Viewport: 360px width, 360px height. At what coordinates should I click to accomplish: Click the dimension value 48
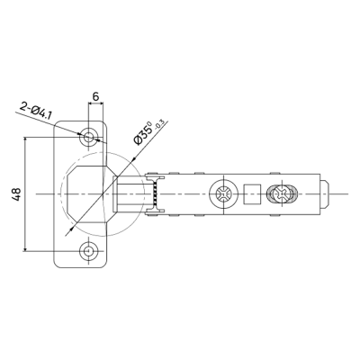pos(17,194)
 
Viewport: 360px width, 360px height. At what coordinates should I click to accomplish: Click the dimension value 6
pos(95,96)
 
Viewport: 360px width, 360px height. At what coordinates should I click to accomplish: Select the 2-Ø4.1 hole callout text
pos(36,110)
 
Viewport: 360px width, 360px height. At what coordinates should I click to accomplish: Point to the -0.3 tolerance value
pos(159,124)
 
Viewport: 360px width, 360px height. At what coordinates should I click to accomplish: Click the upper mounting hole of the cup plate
pos(88,138)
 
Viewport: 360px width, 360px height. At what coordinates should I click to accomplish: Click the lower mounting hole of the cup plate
pos(88,250)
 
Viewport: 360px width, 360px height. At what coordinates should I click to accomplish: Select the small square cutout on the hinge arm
pos(251,194)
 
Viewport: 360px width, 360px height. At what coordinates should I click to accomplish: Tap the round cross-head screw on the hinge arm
pos(224,193)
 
